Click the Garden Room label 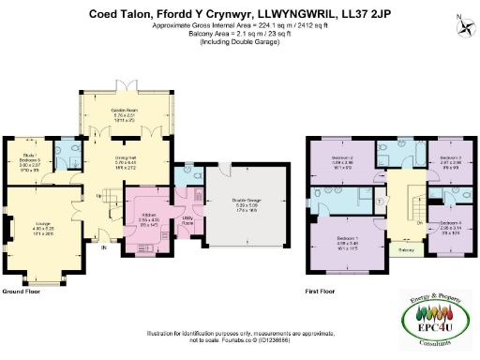click(126, 113)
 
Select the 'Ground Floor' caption click(20, 292)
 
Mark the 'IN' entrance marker click(104, 248)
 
